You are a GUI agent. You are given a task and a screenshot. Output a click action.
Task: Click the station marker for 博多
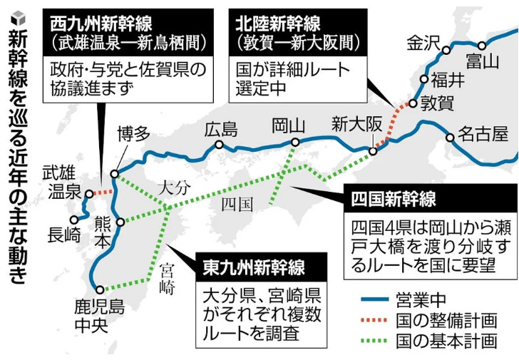point(115,174)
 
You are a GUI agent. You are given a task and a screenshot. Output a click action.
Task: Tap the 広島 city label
point(221,129)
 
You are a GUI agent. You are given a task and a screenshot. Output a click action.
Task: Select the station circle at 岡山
point(295,143)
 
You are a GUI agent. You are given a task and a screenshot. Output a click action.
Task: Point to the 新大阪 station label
point(356,125)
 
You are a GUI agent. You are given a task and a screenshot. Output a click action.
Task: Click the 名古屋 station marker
point(450,137)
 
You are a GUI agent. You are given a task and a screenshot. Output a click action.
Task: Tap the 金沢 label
point(423,43)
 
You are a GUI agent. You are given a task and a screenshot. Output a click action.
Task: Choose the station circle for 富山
point(482,46)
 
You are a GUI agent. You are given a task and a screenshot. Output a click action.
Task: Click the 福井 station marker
point(424,79)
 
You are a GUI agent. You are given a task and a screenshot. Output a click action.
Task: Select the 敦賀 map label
point(437,103)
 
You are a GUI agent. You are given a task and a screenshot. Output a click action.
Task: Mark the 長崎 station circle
point(74,220)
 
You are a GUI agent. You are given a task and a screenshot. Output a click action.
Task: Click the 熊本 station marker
point(120,222)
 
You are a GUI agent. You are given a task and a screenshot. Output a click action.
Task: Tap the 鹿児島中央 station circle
point(100,290)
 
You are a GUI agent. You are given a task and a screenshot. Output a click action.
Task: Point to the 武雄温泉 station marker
point(89,194)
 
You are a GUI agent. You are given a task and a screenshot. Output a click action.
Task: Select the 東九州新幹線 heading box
point(262,267)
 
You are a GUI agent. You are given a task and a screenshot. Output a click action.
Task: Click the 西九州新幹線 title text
point(101,24)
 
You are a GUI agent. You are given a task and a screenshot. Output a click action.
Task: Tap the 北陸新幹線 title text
point(278,24)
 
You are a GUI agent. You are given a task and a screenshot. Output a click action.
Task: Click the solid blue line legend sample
point(374,299)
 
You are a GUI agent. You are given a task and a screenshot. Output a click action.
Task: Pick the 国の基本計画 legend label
point(446,341)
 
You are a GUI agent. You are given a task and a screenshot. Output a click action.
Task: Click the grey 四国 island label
point(237,204)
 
